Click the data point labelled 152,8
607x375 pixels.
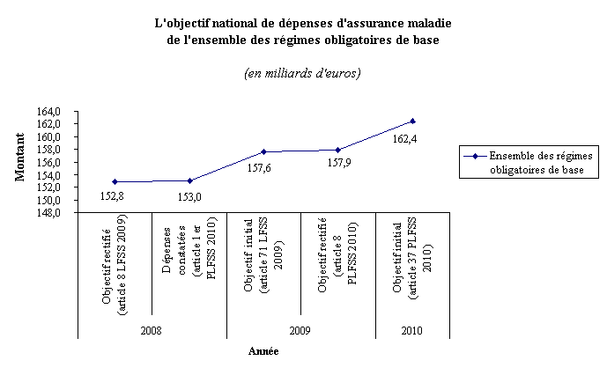tap(115, 181)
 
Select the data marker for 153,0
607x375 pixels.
tap(189, 180)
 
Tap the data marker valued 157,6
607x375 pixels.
tap(263, 151)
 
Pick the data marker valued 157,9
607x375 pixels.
tap(338, 150)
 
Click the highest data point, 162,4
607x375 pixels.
tap(412, 121)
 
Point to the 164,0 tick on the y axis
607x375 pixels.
tap(60, 112)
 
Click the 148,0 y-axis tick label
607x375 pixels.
tap(60, 213)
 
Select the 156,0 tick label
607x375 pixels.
tap(60, 163)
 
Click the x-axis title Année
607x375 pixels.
tap(263, 351)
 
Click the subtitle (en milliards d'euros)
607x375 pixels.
tap(302, 72)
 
